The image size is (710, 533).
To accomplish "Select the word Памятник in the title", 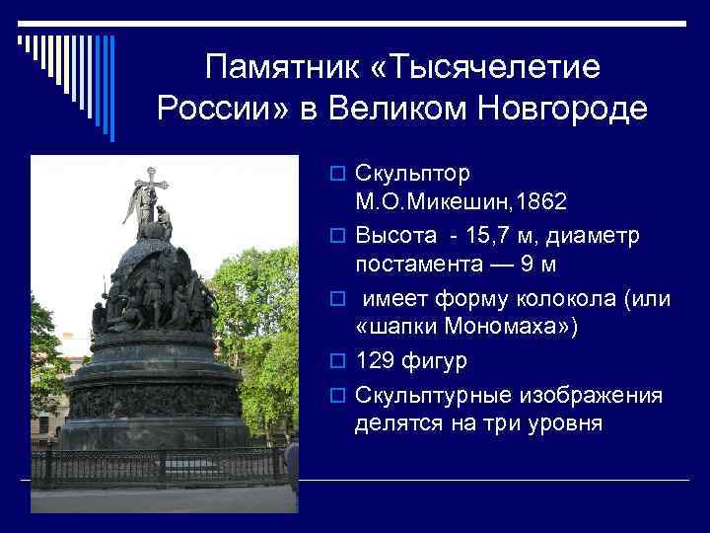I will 283,69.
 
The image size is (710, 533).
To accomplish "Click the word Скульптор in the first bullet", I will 412,173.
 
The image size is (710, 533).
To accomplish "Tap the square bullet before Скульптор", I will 336,174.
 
